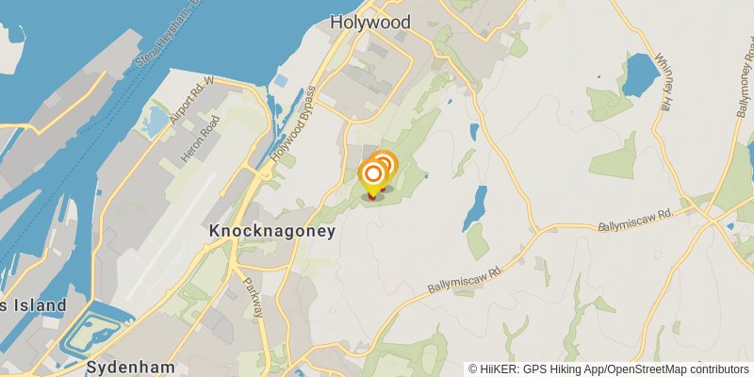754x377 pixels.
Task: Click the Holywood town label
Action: [x=369, y=21]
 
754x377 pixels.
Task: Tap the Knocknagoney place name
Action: [x=271, y=231]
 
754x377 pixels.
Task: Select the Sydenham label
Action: [x=119, y=365]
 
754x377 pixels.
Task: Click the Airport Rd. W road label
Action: [x=188, y=104]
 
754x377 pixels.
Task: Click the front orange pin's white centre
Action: [x=373, y=173]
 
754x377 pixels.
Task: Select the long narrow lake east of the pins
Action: [x=475, y=207]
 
